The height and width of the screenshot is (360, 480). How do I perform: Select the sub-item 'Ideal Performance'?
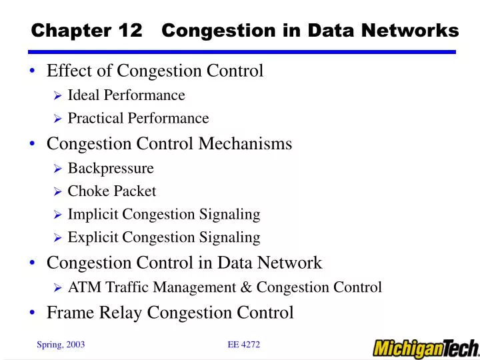pyautogui.click(x=126, y=95)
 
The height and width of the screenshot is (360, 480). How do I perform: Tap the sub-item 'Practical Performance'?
pyautogui.click(x=138, y=119)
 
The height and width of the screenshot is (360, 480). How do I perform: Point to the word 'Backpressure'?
pyautogui.click(x=111, y=168)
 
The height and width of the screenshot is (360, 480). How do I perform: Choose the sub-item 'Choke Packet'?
pyautogui.click(x=112, y=191)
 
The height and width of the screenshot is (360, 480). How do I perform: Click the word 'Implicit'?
pyautogui.click(x=94, y=215)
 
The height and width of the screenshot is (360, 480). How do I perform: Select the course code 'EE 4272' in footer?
pyautogui.click(x=243, y=344)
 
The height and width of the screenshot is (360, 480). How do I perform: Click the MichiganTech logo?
pyautogui.click(x=425, y=347)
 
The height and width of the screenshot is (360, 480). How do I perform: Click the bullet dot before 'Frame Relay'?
pyautogui.click(x=32, y=313)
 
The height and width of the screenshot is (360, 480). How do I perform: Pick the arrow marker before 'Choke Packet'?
pyautogui.click(x=57, y=192)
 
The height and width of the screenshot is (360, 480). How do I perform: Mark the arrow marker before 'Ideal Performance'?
pyautogui.click(x=57, y=96)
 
